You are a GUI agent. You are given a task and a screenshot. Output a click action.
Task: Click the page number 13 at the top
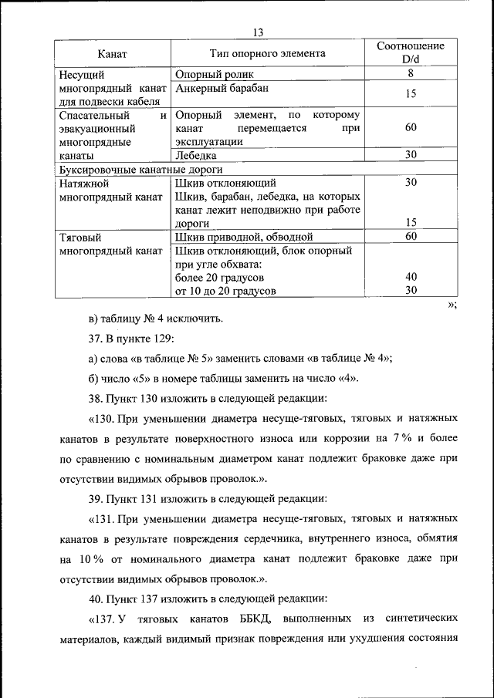(258, 32)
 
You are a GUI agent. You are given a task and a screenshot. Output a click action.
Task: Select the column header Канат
(112, 54)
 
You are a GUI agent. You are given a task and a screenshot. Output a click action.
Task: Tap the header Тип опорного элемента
(268, 54)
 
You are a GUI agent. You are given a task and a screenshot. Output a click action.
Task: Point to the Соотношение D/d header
(411, 54)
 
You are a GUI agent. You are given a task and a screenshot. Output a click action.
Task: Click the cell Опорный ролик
(214, 75)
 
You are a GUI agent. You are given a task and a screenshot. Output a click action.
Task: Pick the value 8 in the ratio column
(411, 75)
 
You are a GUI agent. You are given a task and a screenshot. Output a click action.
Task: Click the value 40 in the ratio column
(411, 277)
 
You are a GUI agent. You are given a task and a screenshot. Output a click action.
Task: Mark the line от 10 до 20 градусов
(225, 291)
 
